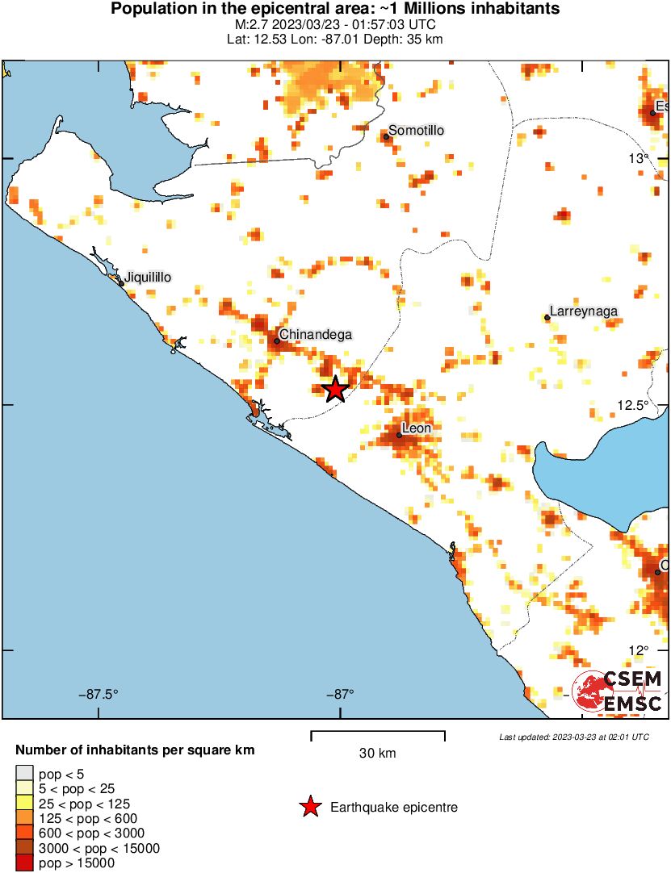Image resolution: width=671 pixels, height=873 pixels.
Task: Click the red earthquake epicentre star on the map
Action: coord(335,390)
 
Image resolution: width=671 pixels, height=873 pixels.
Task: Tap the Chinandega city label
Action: coord(316,334)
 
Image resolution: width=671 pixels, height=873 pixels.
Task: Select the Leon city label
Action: coord(417,428)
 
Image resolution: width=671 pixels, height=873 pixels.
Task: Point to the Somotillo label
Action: coord(417,131)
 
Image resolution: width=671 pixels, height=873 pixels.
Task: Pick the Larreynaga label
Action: coord(584,311)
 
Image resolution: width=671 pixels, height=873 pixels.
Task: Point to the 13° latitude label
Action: coord(640,158)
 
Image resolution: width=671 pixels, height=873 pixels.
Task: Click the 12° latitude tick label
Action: coord(639,650)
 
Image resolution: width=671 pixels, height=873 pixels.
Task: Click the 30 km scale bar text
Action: coord(377,754)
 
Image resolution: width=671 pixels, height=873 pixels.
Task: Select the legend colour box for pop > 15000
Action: coord(25,863)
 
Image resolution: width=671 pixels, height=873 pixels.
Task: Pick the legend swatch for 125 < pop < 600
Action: coord(25,818)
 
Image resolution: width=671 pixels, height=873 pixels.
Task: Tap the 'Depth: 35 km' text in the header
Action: coord(405,39)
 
